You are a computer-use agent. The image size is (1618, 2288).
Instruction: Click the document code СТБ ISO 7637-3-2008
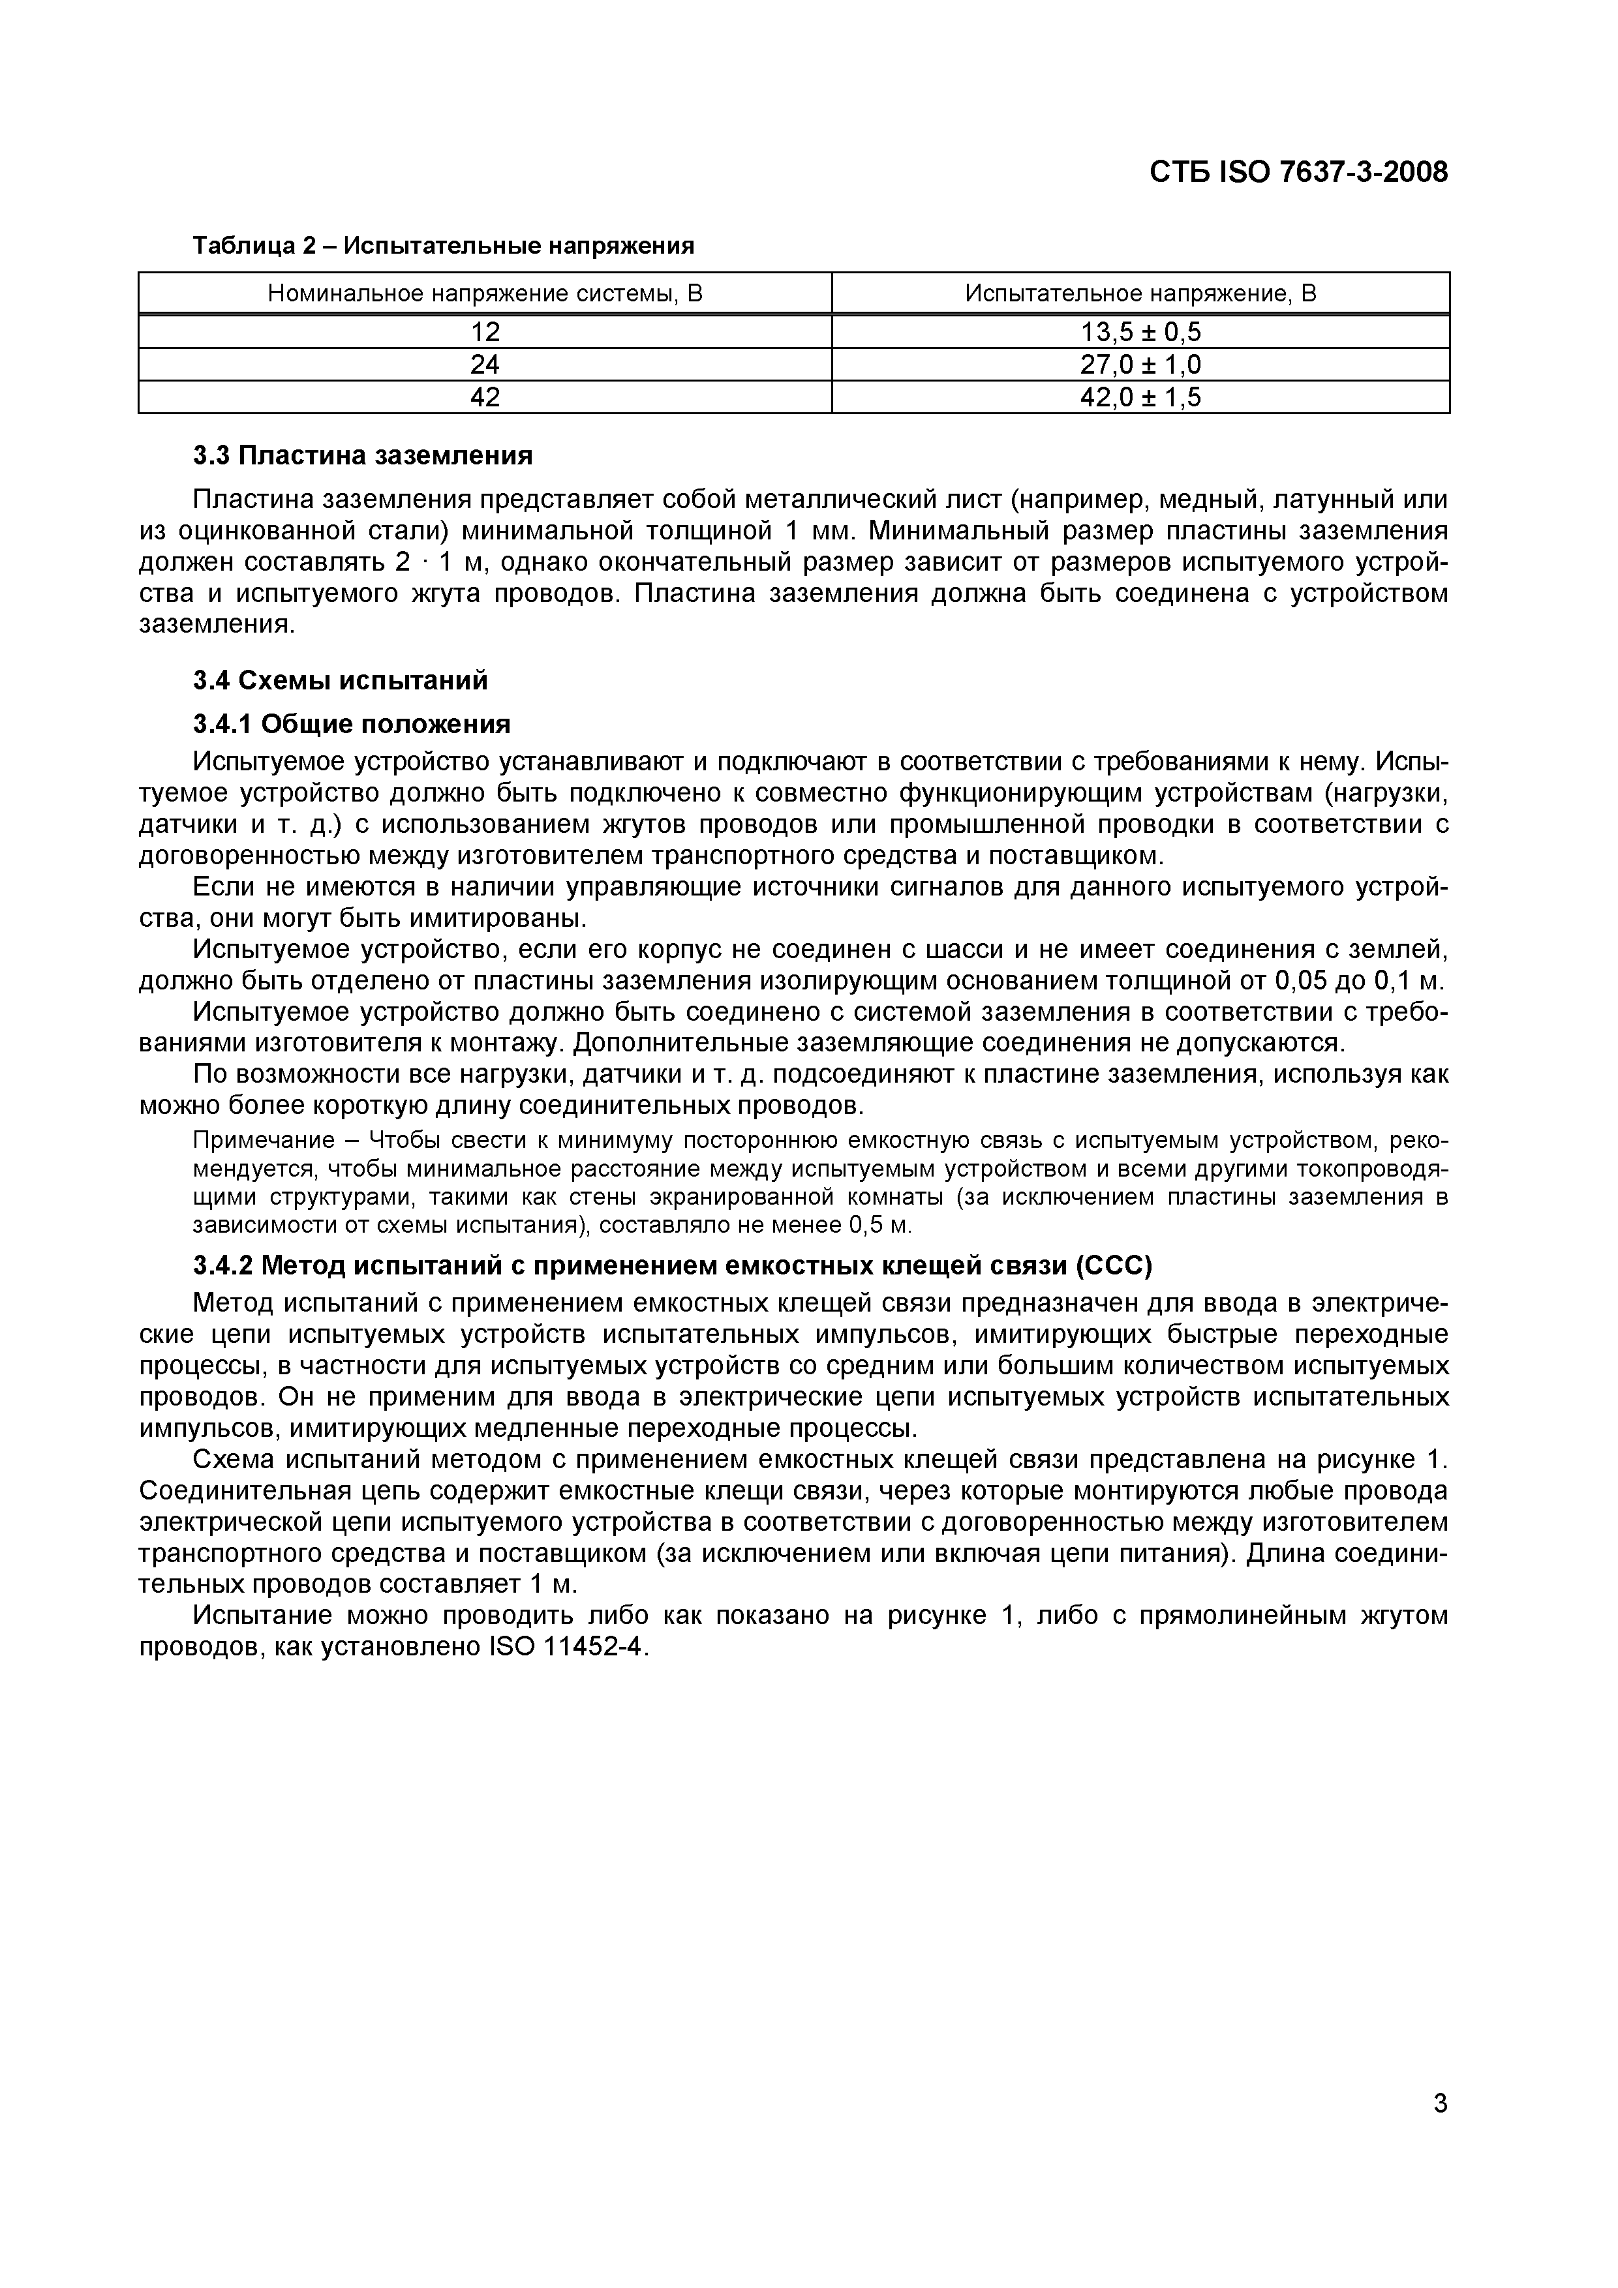pos(1298,172)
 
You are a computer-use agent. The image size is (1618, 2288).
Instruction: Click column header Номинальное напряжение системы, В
pos(485,293)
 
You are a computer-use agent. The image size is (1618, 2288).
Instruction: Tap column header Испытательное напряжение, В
pos(1140,293)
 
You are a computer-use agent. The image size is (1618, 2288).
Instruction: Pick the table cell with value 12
pos(485,331)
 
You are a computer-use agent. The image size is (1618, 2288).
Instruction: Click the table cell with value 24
pos(485,364)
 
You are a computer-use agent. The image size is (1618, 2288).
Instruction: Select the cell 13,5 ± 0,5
pos(1140,331)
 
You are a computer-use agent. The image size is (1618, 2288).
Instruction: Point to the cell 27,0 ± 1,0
pos(1140,364)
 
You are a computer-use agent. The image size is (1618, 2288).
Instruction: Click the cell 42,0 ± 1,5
pos(1140,398)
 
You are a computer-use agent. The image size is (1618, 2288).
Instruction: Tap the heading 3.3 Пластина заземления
pos(363,455)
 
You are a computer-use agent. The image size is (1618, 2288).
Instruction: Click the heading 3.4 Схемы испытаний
pos(340,681)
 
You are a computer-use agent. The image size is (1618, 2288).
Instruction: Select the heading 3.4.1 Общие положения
pos(351,723)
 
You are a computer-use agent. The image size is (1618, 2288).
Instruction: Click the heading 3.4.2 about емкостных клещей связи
pos(672,1265)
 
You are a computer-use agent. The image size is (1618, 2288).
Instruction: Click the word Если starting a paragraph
pos(221,887)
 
